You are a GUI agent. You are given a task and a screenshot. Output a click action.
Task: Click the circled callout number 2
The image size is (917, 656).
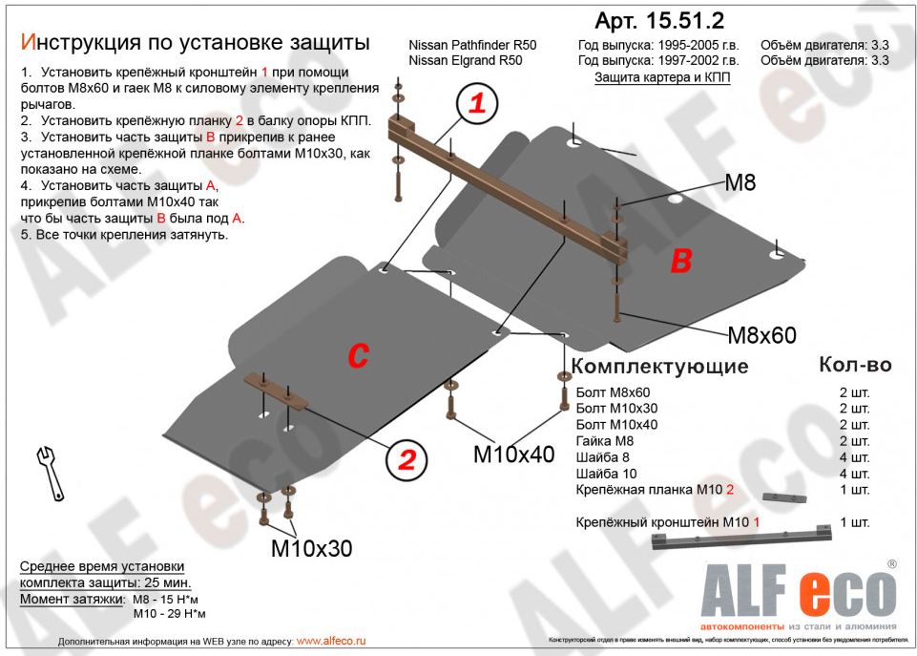click(406, 461)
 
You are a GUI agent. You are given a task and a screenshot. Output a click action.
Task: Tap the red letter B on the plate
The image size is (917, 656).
click(680, 261)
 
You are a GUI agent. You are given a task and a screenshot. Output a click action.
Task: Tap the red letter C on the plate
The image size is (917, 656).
click(357, 354)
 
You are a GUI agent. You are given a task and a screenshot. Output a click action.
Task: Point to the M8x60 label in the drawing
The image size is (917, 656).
click(761, 335)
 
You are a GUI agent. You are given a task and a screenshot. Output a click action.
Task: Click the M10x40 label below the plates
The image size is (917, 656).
click(513, 455)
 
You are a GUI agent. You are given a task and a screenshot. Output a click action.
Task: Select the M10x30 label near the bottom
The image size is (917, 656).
click(311, 548)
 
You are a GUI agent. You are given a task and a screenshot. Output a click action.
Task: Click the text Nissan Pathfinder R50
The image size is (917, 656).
click(472, 46)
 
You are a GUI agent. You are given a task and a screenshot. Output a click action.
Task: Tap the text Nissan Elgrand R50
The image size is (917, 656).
click(465, 61)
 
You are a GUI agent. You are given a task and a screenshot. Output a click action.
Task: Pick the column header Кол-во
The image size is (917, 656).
click(855, 365)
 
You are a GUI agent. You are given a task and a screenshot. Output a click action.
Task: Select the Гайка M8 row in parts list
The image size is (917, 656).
click(604, 441)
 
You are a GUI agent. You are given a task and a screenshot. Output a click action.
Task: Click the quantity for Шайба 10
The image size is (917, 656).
click(855, 474)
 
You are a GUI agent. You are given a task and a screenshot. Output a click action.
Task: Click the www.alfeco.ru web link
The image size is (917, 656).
click(331, 641)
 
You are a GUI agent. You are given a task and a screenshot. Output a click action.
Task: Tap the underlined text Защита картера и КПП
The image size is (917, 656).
click(662, 77)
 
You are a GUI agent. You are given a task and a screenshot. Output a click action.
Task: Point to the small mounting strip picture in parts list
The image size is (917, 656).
click(783, 497)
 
